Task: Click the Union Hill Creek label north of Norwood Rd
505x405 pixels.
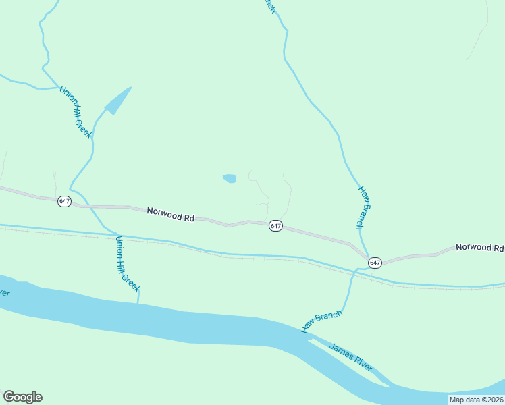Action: (x=75, y=113)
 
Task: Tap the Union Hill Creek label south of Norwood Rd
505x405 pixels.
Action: (x=128, y=264)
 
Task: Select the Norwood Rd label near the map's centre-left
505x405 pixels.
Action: (x=170, y=215)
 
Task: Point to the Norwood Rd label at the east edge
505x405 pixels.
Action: (x=479, y=248)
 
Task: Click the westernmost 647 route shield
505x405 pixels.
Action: (x=64, y=201)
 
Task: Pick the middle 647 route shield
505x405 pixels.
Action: (x=275, y=225)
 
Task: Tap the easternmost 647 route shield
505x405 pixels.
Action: (x=375, y=262)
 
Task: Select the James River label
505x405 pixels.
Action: (x=351, y=357)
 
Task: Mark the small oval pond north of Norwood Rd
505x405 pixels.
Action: (x=230, y=178)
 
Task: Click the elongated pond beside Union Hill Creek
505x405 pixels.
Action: (x=117, y=101)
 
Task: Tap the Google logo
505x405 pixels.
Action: (x=22, y=397)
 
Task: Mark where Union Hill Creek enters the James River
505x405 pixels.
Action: (x=138, y=303)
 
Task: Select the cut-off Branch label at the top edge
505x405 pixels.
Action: (x=269, y=5)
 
